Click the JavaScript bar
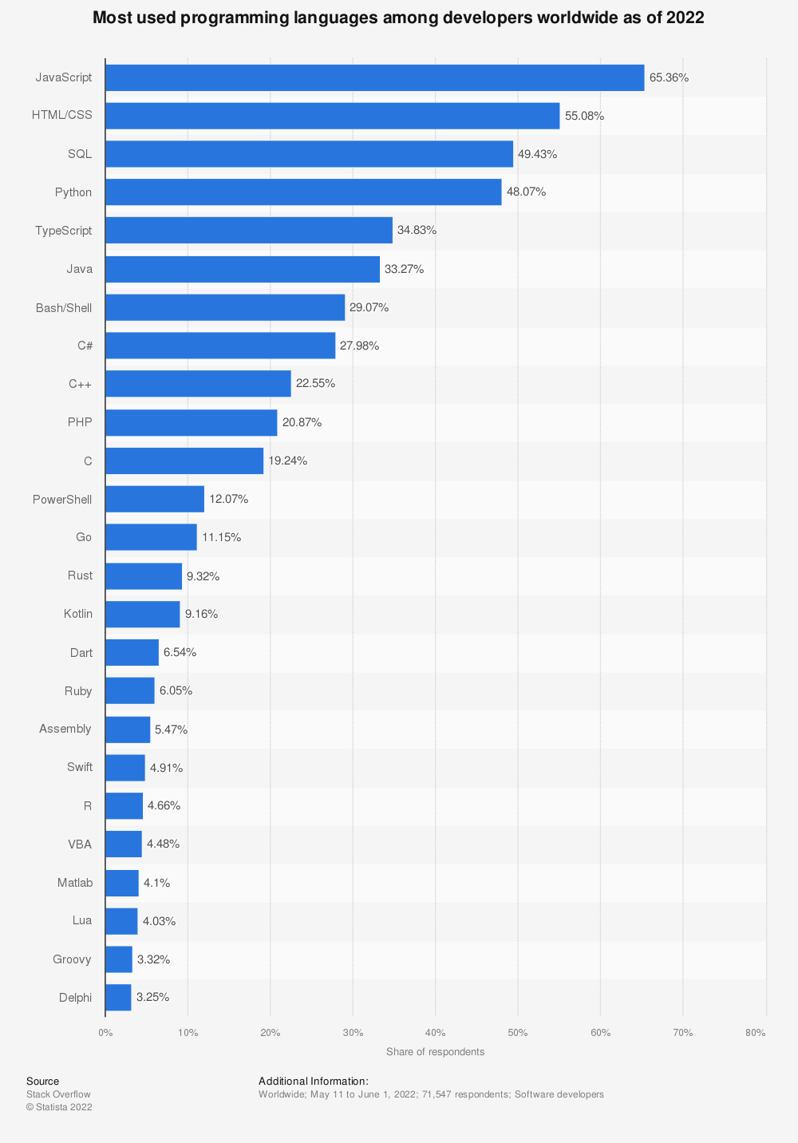point(374,77)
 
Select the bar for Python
point(303,192)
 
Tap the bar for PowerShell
point(155,499)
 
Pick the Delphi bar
point(118,997)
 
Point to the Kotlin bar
point(142,614)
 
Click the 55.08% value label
point(584,116)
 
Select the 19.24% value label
point(287,461)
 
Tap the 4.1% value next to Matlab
point(156,883)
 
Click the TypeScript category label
point(63,231)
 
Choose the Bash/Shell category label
point(64,307)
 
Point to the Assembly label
point(65,729)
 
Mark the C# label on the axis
point(85,346)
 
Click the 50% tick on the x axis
point(518,1033)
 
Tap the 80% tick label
point(755,1033)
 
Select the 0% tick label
point(105,1033)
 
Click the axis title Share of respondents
point(435,1052)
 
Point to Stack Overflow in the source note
point(58,1094)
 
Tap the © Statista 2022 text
point(59,1107)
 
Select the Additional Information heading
point(313,1082)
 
